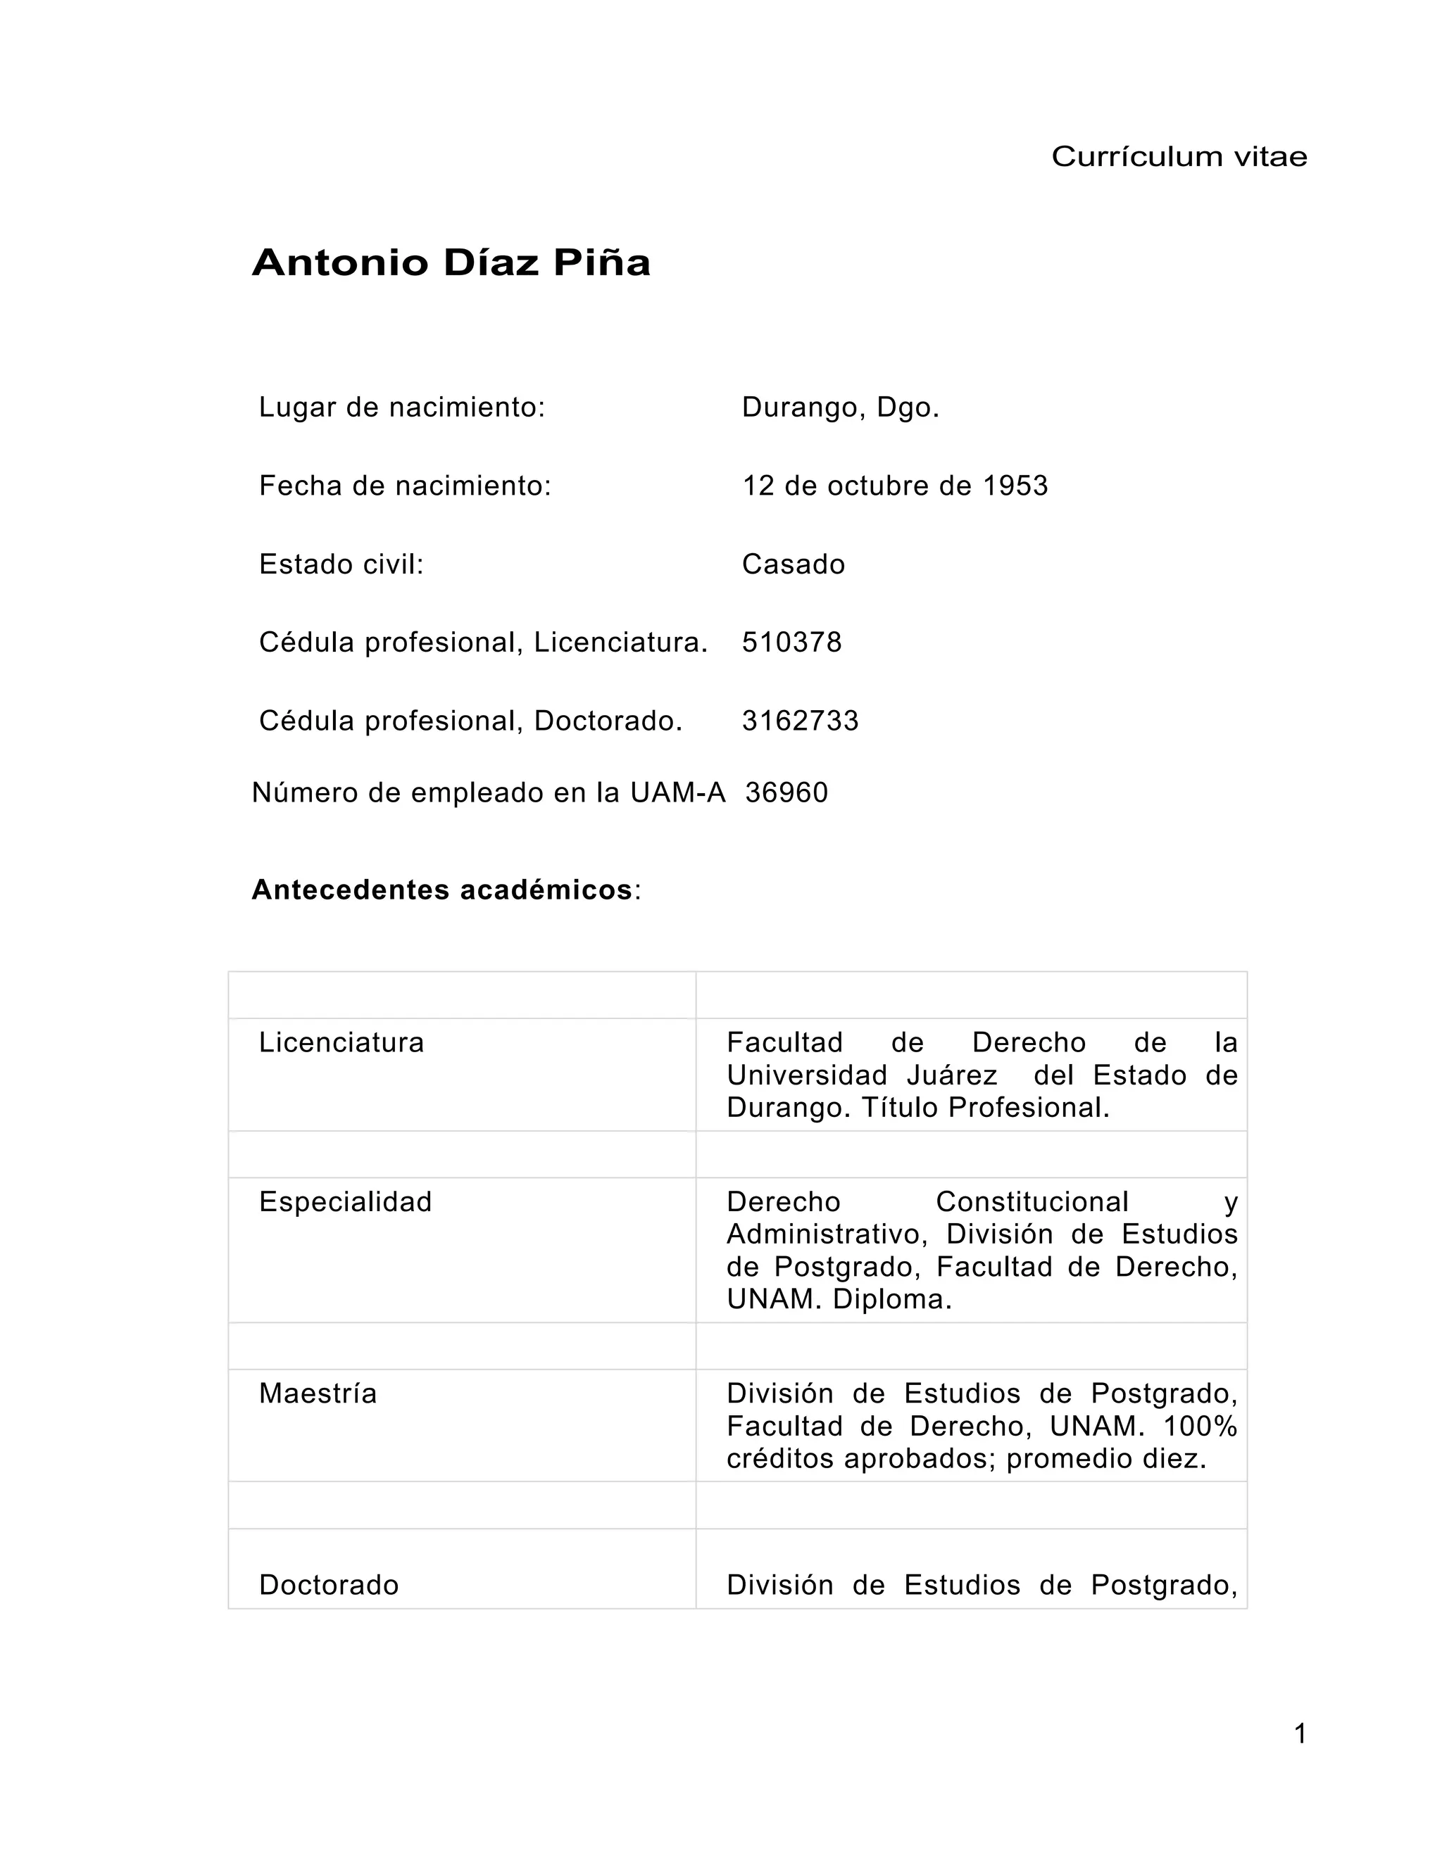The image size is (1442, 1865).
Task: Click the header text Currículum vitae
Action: pyautogui.click(x=1178, y=156)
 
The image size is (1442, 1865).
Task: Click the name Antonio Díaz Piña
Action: pyautogui.click(x=451, y=263)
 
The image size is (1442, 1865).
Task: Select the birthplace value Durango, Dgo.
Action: pyautogui.click(x=840, y=407)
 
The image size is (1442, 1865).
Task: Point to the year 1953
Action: pyautogui.click(x=1015, y=486)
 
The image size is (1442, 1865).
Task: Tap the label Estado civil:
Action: pyautogui.click(x=341, y=564)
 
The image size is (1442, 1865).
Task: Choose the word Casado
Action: pyautogui.click(x=793, y=564)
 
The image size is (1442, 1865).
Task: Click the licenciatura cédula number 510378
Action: pyautogui.click(x=791, y=642)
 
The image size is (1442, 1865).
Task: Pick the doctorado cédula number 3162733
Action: pyautogui.click(x=800, y=721)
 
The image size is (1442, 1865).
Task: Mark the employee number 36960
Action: pyautogui.click(x=786, y=792)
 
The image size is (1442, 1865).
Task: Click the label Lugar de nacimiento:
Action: pyautogui.click(x=401, y=407)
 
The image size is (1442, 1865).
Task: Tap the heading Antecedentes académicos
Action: pyautogui.click(x=441, y=890)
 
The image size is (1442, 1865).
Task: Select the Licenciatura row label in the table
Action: pyautogui.click(x=341, y=1043)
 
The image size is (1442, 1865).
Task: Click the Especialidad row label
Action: pyautogui.click(x=345, y=1201)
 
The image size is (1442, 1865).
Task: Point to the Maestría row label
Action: pyautogui.click(x=318, y=1393)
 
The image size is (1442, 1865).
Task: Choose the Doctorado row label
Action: pyautogui.click(x=329, y=1585)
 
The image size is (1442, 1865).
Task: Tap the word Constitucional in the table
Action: pyautogui.click(x=1032, y=1201)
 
